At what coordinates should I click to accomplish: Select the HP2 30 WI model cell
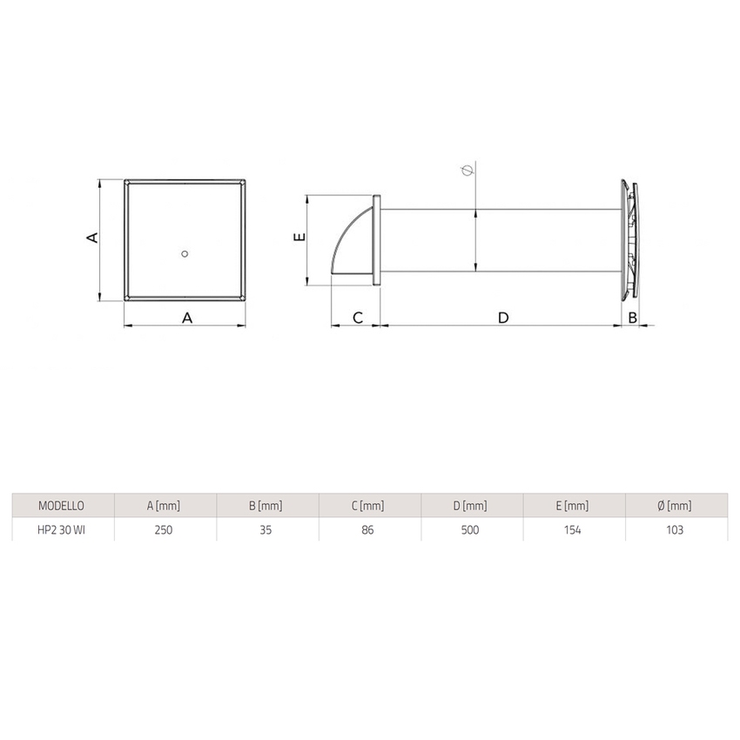pos(61,529)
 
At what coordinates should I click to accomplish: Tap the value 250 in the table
pos(163,529)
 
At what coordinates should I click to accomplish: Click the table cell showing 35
pos(265,529)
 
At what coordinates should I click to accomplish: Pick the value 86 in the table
pos(367,529)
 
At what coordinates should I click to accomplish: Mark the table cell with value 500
pos(469,529)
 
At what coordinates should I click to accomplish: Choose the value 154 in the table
pos(572,529)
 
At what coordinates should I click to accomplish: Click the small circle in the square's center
pos(184,253)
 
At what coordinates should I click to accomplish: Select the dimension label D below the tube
pos(502,318)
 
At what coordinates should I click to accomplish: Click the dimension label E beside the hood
pos(297,238)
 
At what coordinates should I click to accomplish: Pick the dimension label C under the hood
pos(357,318)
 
